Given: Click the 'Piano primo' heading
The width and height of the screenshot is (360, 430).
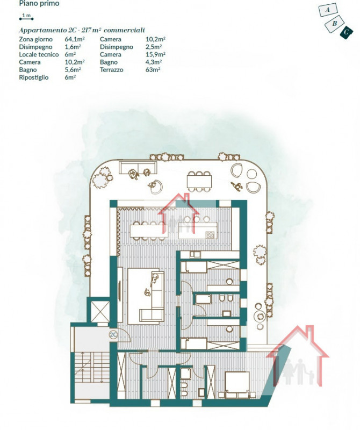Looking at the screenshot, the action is click(x=39, y=4).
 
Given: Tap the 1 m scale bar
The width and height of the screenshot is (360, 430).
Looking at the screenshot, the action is click(x=26, y=19).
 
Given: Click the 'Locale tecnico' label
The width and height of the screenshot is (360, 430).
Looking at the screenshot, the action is click(x=39, y=55).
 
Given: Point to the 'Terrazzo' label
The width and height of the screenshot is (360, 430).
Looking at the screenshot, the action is click(x=111, y=70).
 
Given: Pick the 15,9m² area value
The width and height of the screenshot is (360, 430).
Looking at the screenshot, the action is click(x=155, y=54).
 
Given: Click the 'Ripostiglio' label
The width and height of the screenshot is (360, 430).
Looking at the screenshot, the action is click(x=33, y=77).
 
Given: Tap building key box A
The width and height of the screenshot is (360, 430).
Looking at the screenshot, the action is click(x=328, y=10).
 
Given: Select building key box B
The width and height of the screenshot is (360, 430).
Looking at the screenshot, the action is click(x=334, y=24).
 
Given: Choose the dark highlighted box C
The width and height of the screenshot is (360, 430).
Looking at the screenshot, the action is click(x=346, y=32).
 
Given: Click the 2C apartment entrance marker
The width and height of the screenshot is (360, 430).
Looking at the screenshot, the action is click(x=113, y=334).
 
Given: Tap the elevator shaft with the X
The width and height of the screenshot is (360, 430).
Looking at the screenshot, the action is click(x=100, y=312).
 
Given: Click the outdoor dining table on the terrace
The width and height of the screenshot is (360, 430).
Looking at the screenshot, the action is click(x=199, y=181).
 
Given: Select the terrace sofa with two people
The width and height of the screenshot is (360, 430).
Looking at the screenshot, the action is click(x=138, y=168).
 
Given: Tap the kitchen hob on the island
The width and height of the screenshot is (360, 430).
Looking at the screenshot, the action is click(x=210, y=235).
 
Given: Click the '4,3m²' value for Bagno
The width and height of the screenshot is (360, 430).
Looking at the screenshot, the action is click(x=154, y=62).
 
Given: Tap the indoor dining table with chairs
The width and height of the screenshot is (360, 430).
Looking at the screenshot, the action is click(x=149, y=231).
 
